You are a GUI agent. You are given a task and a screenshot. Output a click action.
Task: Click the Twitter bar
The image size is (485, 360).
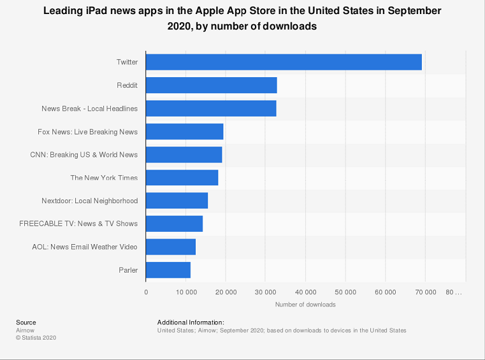[284, 62]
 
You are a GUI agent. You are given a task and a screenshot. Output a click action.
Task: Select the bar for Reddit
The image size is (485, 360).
[211, 85]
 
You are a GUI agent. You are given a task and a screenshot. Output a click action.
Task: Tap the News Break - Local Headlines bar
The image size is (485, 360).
[211, 108]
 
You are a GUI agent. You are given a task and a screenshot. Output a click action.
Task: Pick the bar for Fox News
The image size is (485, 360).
[184, 131]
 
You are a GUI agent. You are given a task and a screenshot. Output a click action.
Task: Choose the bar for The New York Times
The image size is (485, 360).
[182, 178]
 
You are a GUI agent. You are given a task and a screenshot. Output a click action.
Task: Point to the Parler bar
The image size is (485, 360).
[168, 270]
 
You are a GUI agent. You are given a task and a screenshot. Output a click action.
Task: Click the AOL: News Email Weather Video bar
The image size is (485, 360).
[171, 247]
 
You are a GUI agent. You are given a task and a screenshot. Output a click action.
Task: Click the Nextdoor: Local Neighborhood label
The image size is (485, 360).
[90, 201]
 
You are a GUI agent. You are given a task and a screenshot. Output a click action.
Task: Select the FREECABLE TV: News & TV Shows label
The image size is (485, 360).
[79, 224]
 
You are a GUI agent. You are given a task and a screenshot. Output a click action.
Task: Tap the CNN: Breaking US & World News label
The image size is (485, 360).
[84, 155]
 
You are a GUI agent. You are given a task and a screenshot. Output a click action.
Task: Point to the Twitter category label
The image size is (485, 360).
[127, 62]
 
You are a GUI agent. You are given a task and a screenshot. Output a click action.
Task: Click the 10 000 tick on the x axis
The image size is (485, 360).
[185, 292]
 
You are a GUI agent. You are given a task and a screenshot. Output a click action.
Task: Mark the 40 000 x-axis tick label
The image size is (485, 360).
[305, 292]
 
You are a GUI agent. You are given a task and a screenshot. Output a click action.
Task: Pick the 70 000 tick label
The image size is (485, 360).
[425, 292]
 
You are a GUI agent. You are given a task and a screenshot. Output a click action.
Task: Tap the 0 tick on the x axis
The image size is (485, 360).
[146, 292]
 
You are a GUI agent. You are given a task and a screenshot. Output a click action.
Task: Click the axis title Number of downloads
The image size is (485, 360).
[305, 305]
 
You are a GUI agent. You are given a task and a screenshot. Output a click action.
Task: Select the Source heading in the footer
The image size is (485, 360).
[26, 322]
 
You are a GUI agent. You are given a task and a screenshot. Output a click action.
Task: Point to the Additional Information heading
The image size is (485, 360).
[191, 322]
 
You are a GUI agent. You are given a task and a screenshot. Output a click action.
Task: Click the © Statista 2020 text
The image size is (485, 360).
[36, 338]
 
